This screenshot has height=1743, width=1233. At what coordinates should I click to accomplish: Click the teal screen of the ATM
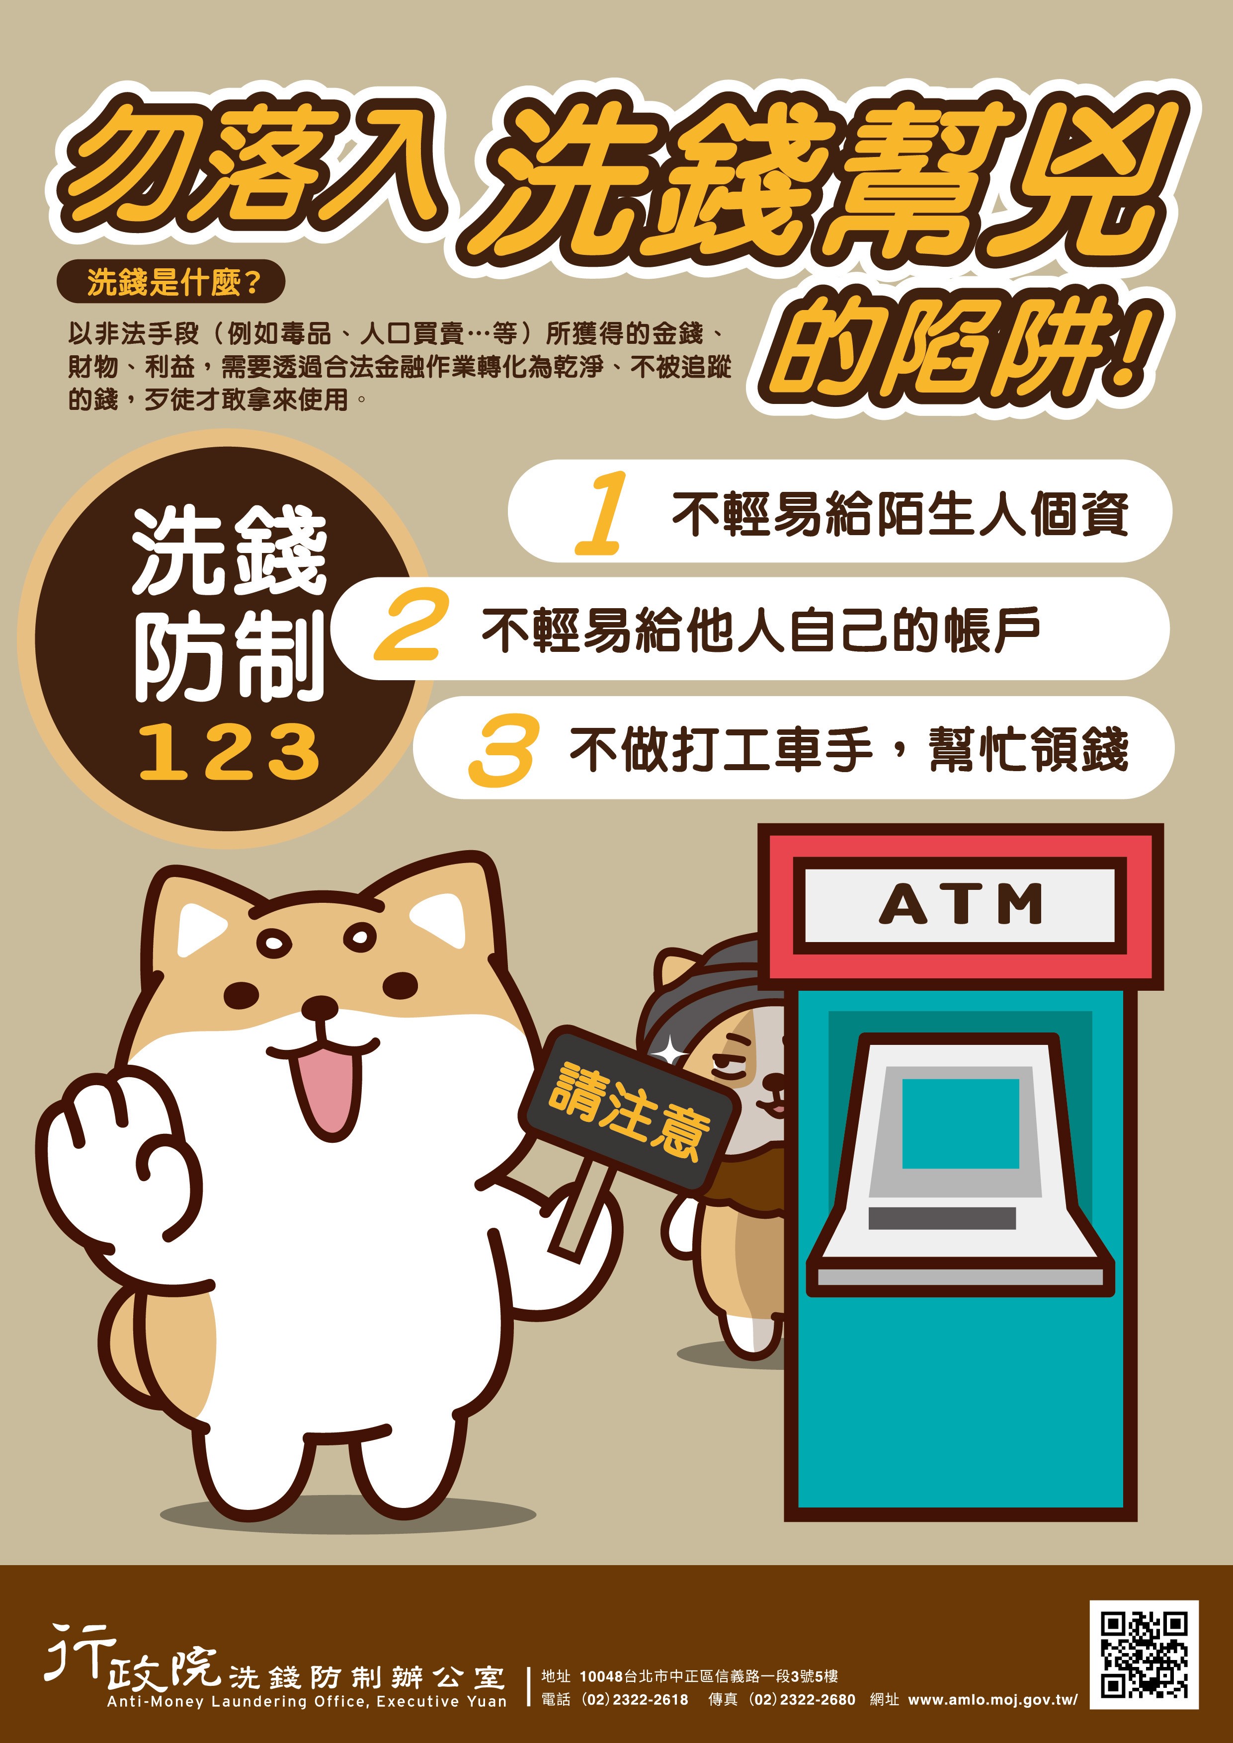961,1123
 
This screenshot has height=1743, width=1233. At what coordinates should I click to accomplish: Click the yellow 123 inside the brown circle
229,752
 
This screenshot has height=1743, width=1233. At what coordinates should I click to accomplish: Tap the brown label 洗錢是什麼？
171,283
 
